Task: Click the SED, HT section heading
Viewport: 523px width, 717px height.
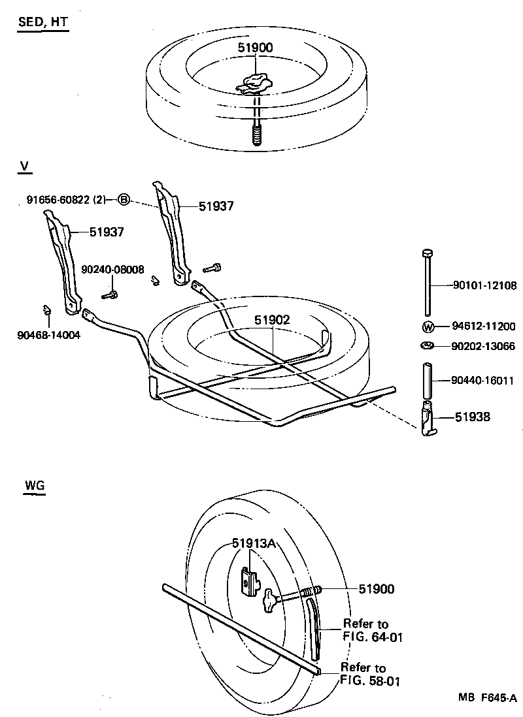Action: [42, 22]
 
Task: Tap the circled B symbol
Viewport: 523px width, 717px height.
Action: [124, 199]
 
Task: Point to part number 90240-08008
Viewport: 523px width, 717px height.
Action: [112, 269]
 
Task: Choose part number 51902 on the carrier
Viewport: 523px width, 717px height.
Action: [272, 320]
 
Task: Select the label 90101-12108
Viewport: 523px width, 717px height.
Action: [484, 285]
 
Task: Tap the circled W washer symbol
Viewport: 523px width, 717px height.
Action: [428, 327]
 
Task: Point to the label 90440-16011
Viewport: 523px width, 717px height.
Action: [484, 379]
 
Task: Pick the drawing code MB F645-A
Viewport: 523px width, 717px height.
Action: [487, 697]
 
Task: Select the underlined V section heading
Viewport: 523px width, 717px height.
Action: [24, 167]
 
